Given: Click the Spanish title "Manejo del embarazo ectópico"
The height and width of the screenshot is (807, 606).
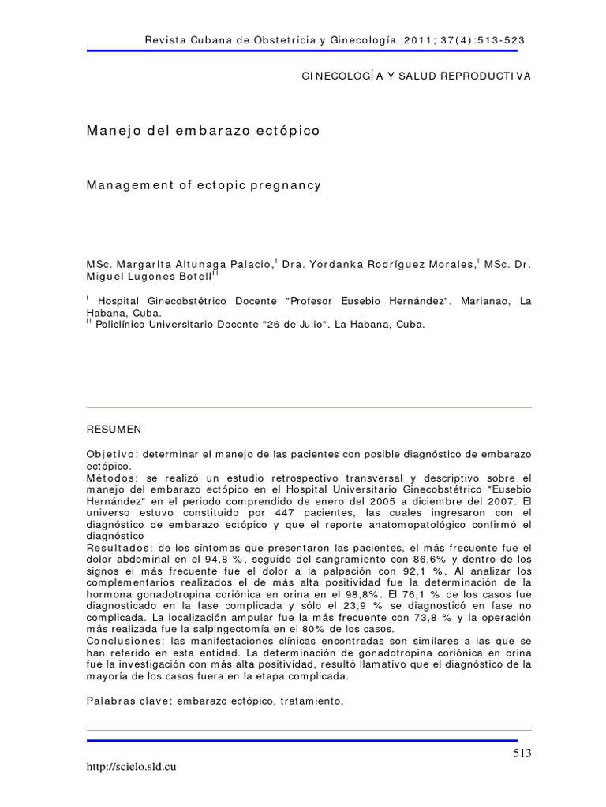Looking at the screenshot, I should tap(203, 131).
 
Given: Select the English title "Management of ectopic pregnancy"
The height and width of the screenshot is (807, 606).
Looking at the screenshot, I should tap(204, 185).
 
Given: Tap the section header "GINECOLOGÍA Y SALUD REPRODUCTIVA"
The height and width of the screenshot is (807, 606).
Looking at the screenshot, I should tap(417, 76).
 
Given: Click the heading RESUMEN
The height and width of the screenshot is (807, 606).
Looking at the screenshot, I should tap(114, 429).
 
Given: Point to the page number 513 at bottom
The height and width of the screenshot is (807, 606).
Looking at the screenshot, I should tap(522, 753).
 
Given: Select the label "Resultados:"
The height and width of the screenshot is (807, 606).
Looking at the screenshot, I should tap(119, 548).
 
